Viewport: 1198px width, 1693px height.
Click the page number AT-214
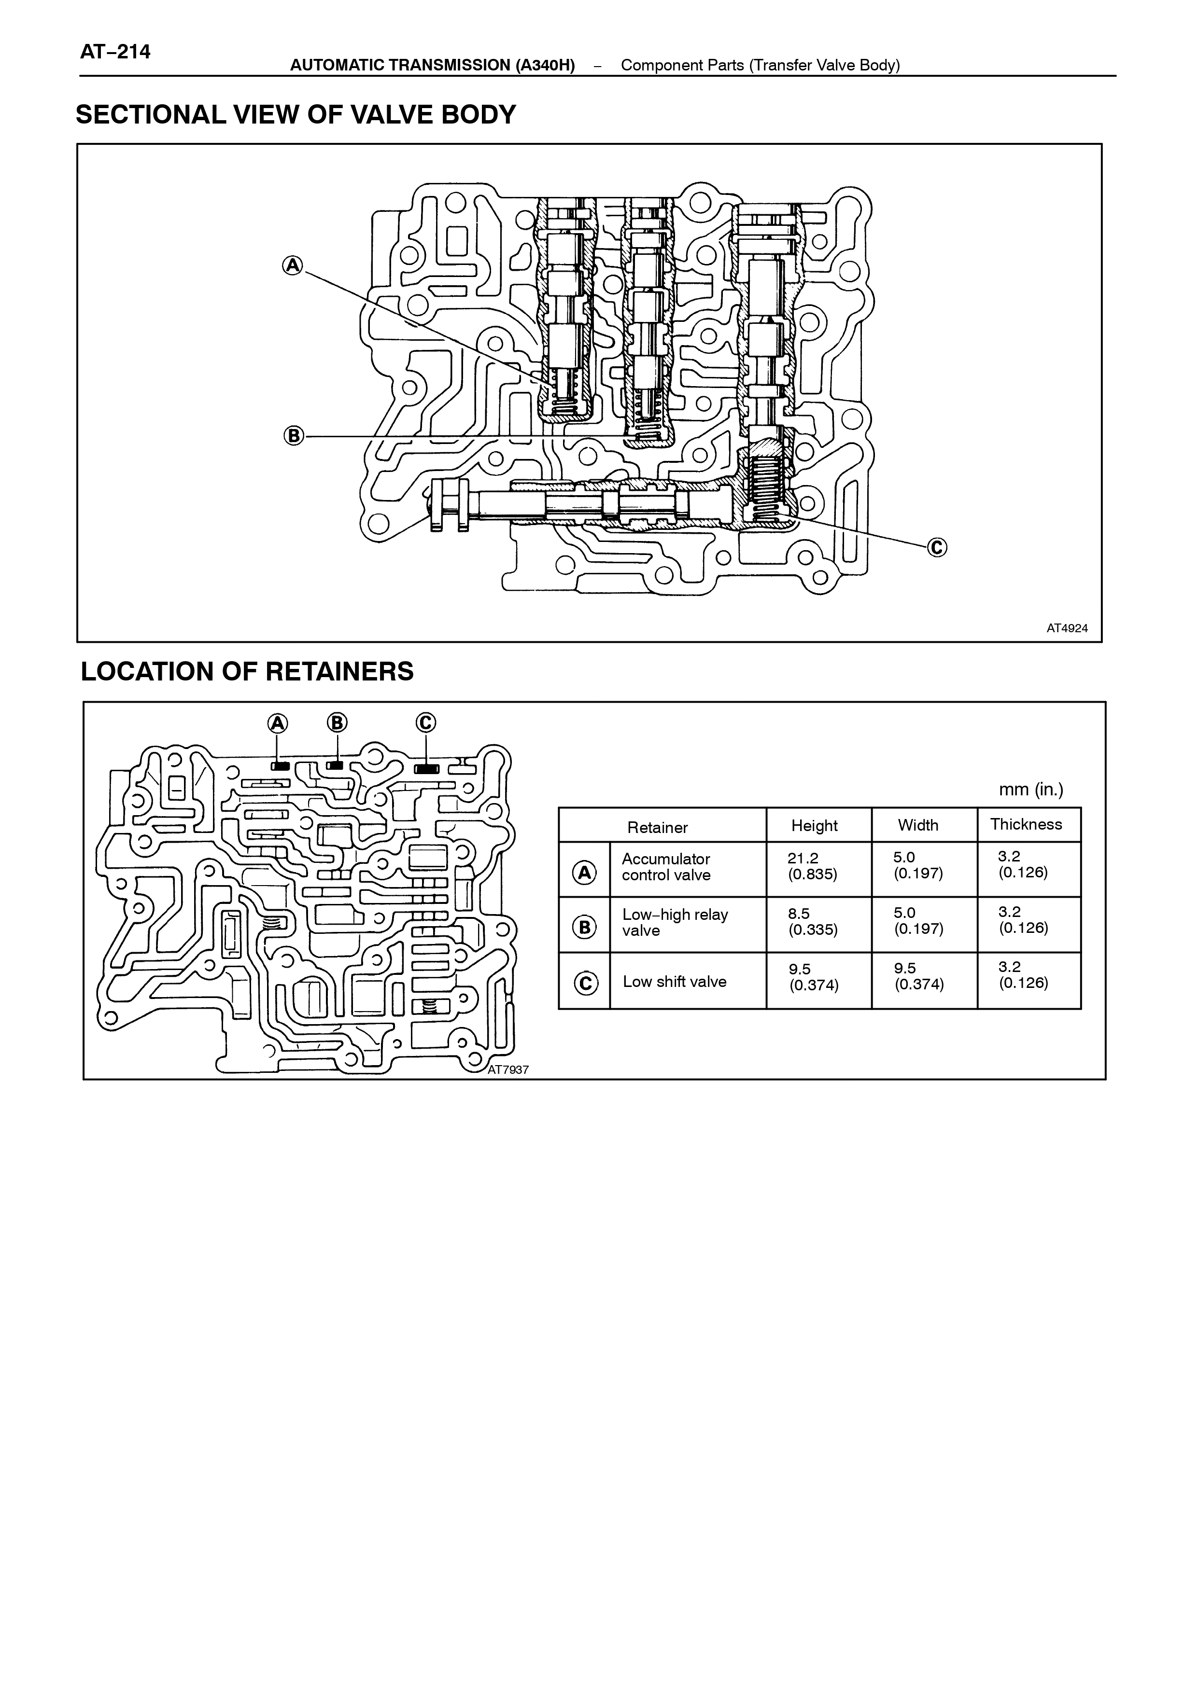pyautogui.click(x=115, y=52)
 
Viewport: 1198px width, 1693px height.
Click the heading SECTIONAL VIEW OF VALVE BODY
pyautogui.click(x=296, y=115)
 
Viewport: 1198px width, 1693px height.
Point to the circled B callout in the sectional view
pyautogui.click(x=294, y=436)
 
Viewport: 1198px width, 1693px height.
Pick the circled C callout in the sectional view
pyautogui.click(x=937, y=547)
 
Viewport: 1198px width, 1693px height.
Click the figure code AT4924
pyautogui.click(x=1067, y=628)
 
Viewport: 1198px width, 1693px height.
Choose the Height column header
pyautogui.click(x=815, y=826)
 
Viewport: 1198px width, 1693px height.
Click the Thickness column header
pyautogui.click(x=1026, y=824)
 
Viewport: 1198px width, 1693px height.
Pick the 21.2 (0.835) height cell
pyautogui.click(x=812, y=866)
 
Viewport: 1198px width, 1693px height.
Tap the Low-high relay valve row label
pyautogui.click(x=675, y=922)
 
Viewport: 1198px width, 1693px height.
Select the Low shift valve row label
pyautogui.click(x=674, y=982)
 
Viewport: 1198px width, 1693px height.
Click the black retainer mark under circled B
pyautogui.click(x=336, y=766)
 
